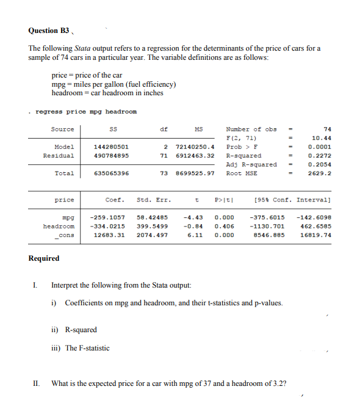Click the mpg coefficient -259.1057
coord(107,217)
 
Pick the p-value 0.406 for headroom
coord(224,226)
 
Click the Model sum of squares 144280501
coord(111,147)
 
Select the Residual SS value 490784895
coord(111,156)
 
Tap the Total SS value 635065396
coord(111,173)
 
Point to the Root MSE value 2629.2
coord(322,173)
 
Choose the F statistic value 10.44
coord(322,138)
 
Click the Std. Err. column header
coord(154,200)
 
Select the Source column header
coord(62,129)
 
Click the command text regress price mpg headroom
coord(86,112)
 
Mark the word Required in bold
coord(44,258)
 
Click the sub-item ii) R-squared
coord(74,330)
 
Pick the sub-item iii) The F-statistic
coord(80,348)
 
